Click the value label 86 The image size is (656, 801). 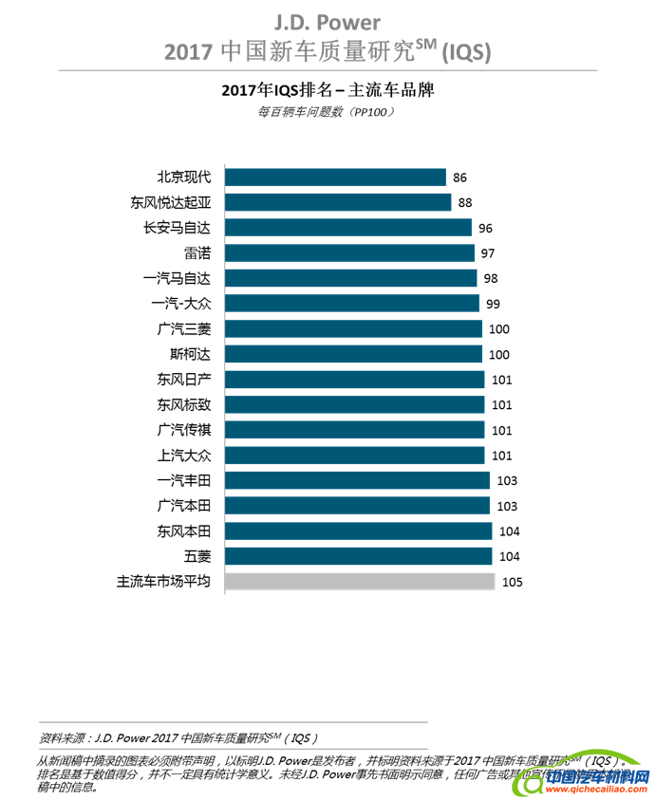point(460,177)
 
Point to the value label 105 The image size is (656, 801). point(513,582)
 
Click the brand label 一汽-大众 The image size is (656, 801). point(182,304)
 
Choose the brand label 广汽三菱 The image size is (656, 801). point(184,329)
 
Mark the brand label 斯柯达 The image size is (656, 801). point(190,354)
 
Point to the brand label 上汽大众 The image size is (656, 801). point(184,456)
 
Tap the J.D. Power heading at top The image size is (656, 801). point(328,22)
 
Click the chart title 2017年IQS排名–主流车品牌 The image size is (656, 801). point(327,91)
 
